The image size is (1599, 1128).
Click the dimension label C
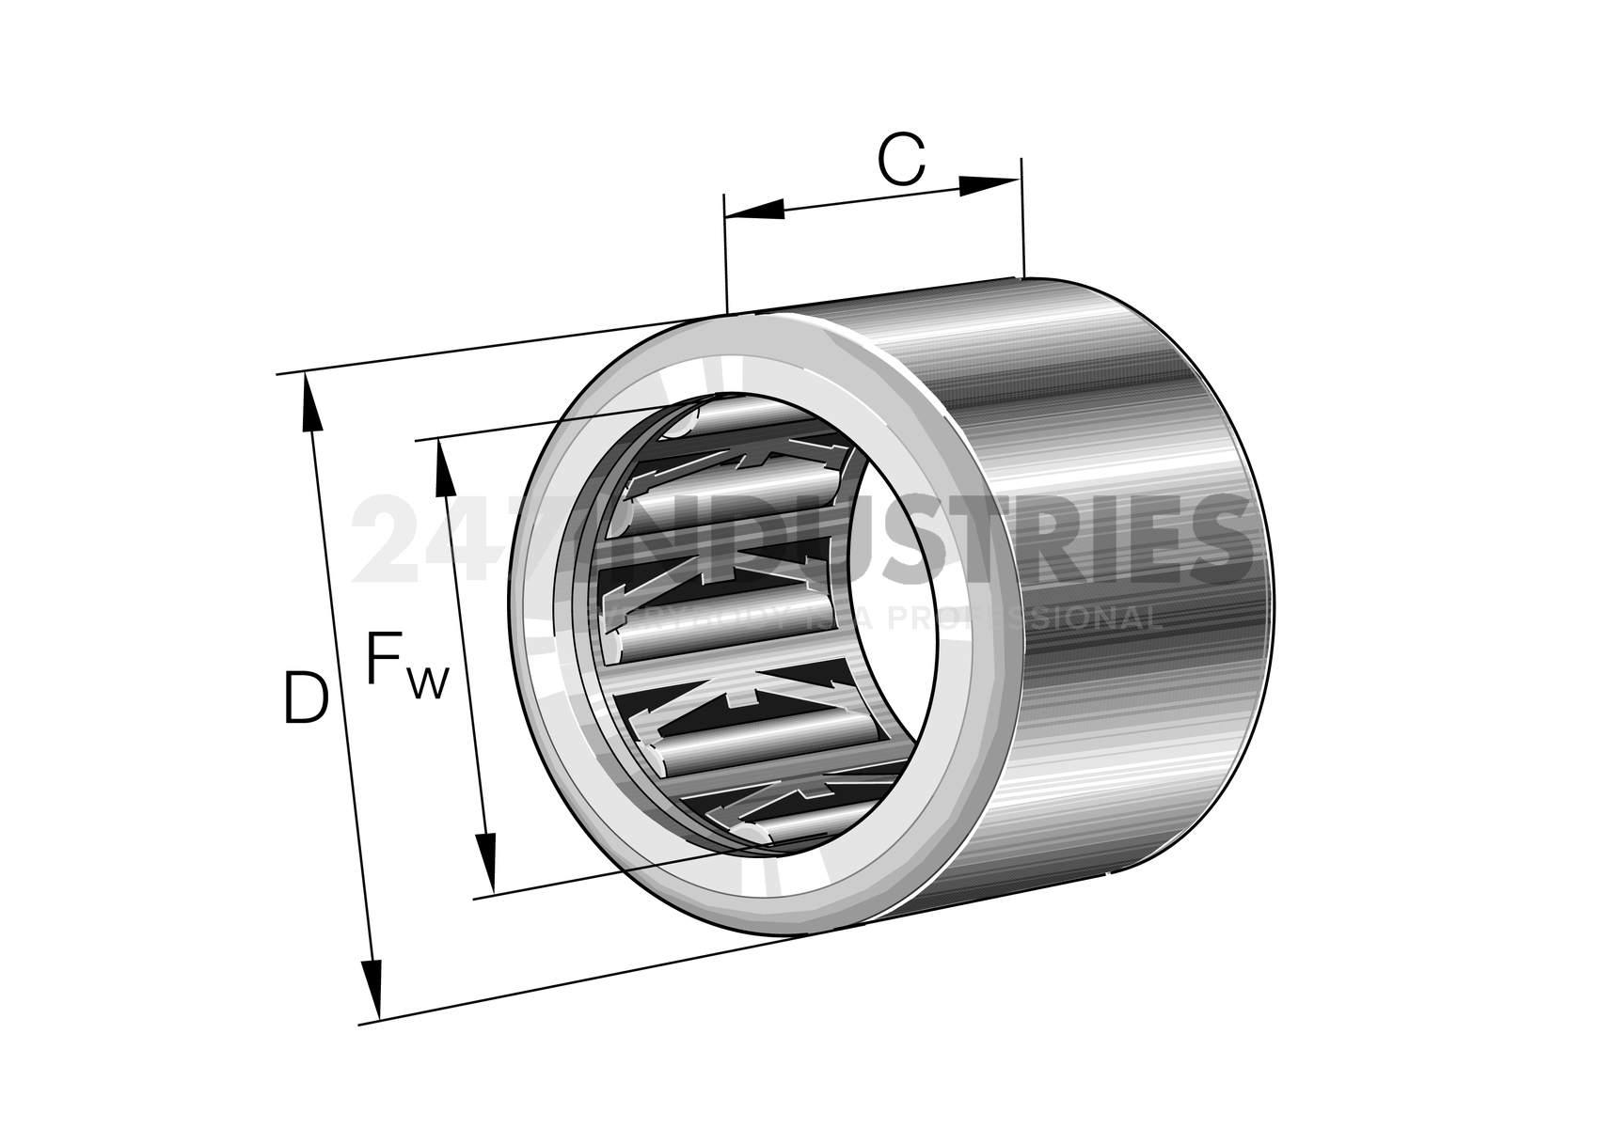[x=901, y=160]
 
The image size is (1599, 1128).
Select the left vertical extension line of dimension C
[x=725, y=254]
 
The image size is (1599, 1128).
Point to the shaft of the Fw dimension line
[x=463, y=658]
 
